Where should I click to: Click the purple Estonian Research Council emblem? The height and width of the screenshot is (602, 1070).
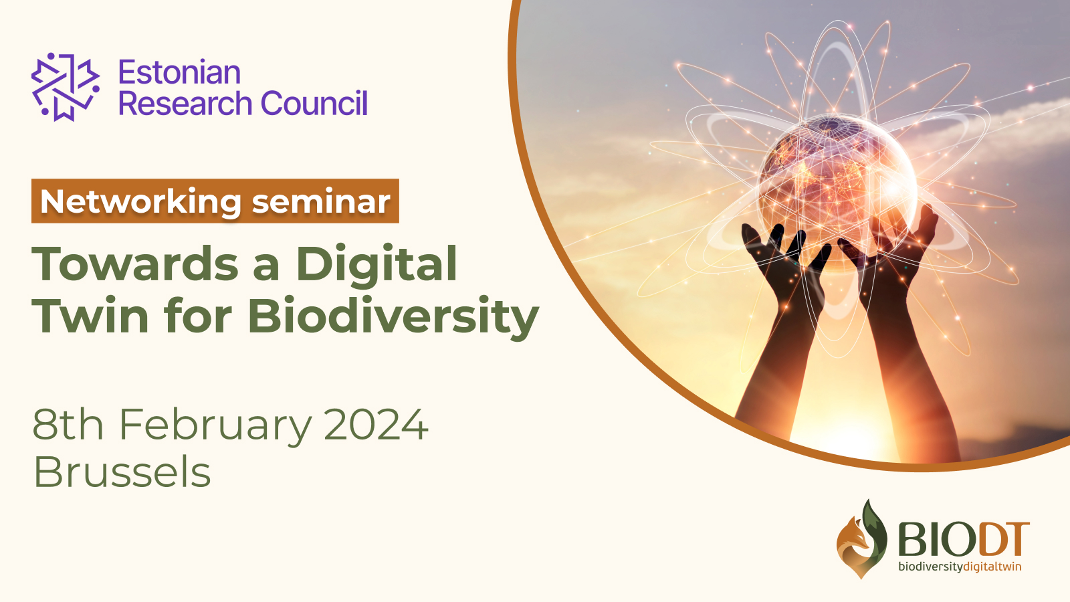coord(65,87)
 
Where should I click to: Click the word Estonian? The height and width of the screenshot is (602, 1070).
coord(179,72)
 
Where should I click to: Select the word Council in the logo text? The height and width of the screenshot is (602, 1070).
coord(314,104)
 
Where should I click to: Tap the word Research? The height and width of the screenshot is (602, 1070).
coord(185,104)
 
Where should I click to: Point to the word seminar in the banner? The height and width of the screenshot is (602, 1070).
coord(321,202)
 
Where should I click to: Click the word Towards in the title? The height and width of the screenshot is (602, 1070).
coord(135,264)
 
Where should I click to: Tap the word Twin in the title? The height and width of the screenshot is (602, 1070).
coord(90,316)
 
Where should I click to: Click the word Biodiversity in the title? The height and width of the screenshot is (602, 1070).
coord(393,316)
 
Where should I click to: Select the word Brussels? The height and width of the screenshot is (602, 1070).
coord(122,472)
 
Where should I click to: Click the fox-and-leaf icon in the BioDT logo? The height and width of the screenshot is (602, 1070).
coord(861,539)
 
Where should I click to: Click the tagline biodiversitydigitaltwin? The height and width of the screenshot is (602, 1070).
coord(960,567)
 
